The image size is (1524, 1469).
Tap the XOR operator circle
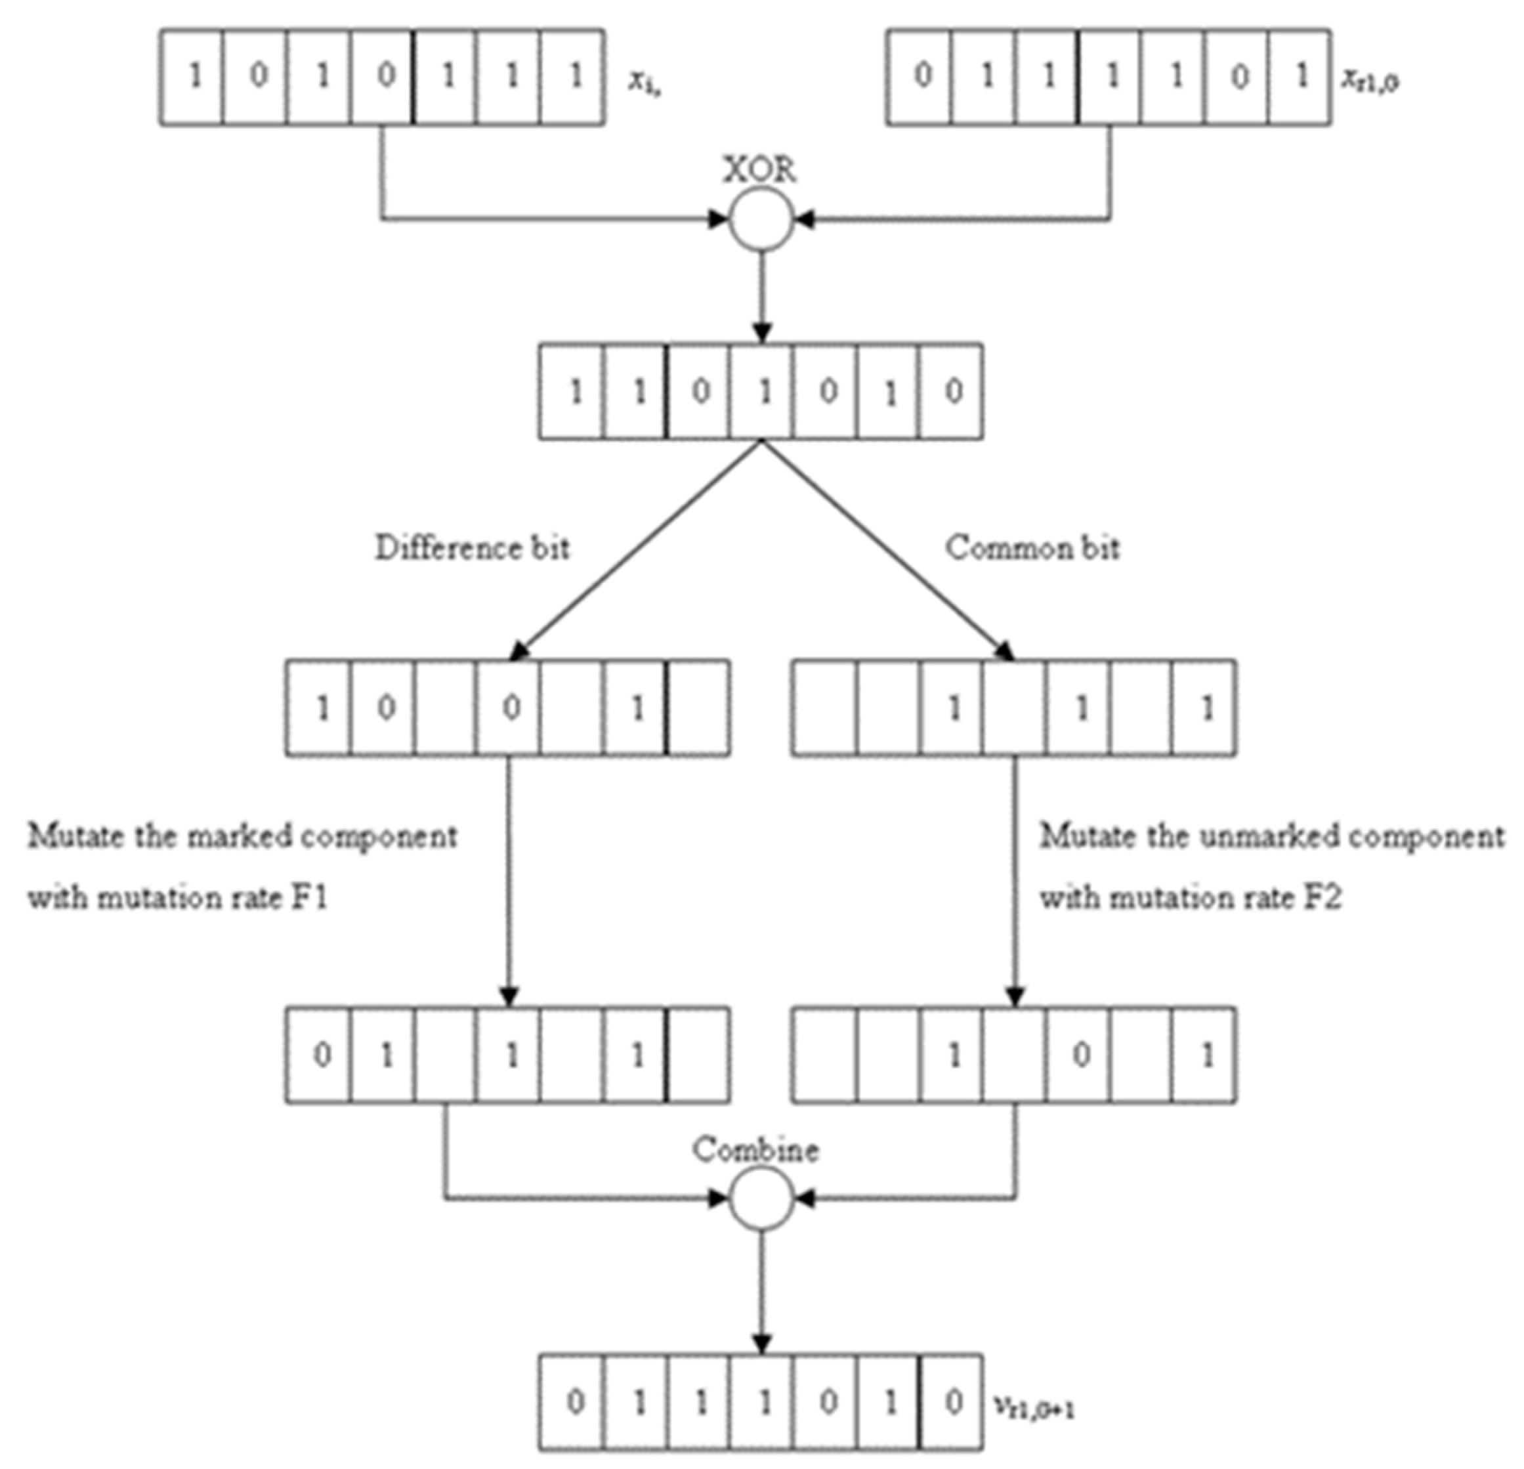click(x=761, y=219)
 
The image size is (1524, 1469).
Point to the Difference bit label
click(x=472, y=548)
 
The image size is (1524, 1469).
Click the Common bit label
click(x=1032, y=548)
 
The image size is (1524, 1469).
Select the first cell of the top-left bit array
click(x=192, y=77)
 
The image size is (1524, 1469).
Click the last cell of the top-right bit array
click(x=1300, y=77)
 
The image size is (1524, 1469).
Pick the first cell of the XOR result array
click(x=572, y=391)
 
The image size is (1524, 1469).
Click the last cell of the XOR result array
click(x=950, y=391)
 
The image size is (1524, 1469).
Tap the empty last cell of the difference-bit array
click(x=698, y=708)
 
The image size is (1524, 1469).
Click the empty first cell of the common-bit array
click(x=824, y=708)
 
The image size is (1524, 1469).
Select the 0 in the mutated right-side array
click(x=1080, y=1055)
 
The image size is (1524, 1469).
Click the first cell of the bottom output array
click(x=572, y=1402)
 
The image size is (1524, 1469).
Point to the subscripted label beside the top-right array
click(x=1368, y=80)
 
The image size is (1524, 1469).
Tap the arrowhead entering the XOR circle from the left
click(x=717, y=219)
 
